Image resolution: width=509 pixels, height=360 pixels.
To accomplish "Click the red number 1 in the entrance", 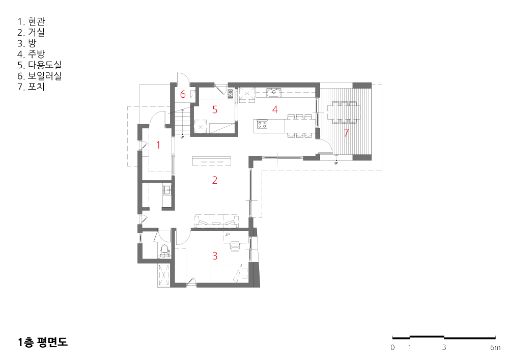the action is [158, 145].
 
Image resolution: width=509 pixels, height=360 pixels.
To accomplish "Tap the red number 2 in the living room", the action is [215, 180].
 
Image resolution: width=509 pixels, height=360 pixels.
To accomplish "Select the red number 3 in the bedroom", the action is [215, 256].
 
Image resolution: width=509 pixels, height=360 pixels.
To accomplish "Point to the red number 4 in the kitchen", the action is [275, 109].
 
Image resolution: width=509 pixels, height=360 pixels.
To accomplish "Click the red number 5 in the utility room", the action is [215, 109].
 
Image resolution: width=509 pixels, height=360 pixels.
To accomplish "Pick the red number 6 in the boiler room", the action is [183, 94].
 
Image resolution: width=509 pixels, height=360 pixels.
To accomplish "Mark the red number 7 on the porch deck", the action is [346, 132].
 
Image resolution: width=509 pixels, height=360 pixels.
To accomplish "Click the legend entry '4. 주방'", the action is [31, 54].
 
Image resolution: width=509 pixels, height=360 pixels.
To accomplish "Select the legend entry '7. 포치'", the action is [31, 87].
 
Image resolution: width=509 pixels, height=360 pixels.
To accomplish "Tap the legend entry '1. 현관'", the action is [31, 21].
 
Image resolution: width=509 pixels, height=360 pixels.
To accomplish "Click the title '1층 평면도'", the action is [43, 342].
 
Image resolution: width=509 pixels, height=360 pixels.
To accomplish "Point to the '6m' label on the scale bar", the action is [495, 347].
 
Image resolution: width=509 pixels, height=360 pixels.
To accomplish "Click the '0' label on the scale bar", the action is [392, 347].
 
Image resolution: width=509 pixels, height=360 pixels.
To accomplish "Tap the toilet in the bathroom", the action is [165, 251].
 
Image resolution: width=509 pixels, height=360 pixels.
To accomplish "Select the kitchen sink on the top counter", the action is [274, 93].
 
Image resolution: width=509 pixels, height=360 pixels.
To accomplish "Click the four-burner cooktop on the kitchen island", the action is [262, 124].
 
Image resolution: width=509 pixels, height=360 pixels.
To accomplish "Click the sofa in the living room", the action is [216, 221].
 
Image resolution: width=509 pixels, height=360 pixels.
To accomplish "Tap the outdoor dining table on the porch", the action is [344, 113].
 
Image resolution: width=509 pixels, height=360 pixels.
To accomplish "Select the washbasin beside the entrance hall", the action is [167, 190].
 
